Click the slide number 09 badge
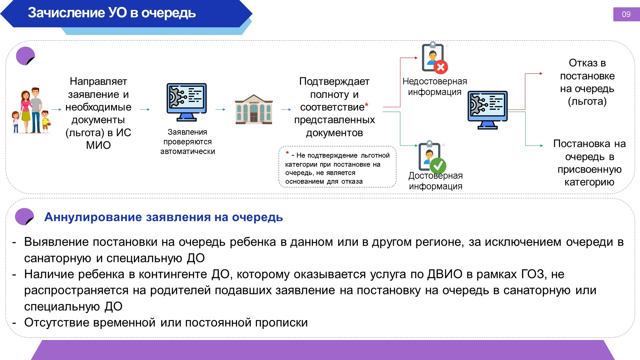point(626,14)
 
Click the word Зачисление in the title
point(66,13)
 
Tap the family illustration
point(31,110)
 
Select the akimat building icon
point(254,109)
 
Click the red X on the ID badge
point(441,67)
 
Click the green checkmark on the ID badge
point(438,165)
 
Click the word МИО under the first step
point(98,145)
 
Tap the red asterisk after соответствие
point(367,105)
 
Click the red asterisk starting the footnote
point(287,153)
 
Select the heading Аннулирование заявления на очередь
point(164,217)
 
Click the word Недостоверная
point(435,81)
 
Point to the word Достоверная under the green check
point(436,176)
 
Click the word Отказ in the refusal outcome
point(583,63)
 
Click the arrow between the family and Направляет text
point(57,109)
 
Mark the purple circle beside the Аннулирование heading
point(25,217)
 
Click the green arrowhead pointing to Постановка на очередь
point(541,146)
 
